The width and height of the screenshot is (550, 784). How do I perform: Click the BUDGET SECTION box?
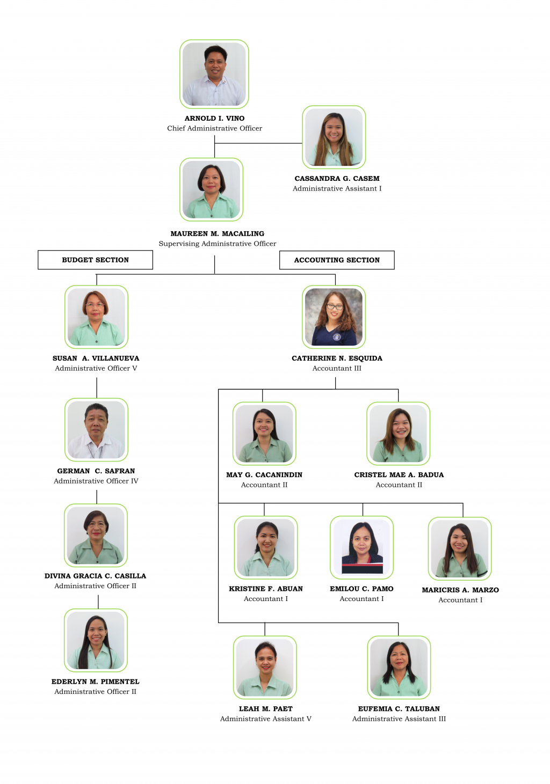tap(95, 260)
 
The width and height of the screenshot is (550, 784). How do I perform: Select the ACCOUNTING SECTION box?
tap(337, 260)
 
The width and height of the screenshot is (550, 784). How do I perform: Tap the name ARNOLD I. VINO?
tap(214, 118)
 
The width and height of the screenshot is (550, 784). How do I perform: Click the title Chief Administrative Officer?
tap(214, 128)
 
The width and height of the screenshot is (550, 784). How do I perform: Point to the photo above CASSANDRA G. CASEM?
tap(334, 137)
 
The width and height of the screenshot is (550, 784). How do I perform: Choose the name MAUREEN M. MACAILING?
tap(217, 233)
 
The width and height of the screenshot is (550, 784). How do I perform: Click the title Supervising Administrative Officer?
tap(217, 244)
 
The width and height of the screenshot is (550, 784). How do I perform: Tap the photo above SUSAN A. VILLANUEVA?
tap(96, 317)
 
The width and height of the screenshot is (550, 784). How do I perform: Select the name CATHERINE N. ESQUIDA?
tap(337, 358)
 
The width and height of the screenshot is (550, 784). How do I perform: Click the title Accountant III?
tap(337, 368)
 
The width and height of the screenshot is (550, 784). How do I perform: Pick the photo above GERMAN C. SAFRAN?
tap(96, 429)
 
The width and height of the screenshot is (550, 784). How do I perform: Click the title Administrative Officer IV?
tap(96, 481)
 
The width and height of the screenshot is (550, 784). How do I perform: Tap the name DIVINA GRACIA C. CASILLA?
tap(95, 576)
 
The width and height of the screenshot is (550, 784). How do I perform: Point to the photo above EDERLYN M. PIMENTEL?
tap(96, 640)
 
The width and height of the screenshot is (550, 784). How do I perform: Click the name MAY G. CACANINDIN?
tap(264, 475)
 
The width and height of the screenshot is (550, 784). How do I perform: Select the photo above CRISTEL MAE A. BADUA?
tap(399, 434)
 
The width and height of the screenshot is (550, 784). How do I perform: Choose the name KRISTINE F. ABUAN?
tap(266, 589)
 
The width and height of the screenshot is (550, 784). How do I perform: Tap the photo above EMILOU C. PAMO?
tap(361, 547)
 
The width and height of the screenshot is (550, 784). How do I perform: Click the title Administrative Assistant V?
tap(266, 719)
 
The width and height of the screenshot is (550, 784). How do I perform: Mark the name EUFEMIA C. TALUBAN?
tap(399, 709)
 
